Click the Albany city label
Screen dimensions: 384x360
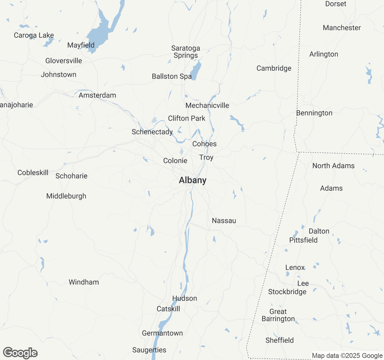coord(193,180)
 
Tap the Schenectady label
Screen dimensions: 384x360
coord(152,132)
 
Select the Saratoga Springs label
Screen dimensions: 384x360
coord(186,52)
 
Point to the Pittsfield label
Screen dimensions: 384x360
coord(303,240)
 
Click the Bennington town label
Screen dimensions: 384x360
coord(314,113)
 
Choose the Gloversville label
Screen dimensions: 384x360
coord(64,61)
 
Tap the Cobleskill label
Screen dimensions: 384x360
coord(33,173)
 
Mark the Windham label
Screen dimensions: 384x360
coord(84,282)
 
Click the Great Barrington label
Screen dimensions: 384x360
coord(278,315)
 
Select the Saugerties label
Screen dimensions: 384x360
coord(149,350)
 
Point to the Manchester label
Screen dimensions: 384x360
coord(342,28)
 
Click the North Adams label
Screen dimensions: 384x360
coord(333,166)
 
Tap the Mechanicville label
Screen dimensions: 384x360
coord(207,106)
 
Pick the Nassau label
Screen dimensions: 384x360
coord(224,221)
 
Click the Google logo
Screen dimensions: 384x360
coord(20,353)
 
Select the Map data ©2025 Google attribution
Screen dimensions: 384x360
coord(347,356)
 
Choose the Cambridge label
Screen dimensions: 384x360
coord(274,68)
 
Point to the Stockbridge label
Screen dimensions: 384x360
coord(287,292)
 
